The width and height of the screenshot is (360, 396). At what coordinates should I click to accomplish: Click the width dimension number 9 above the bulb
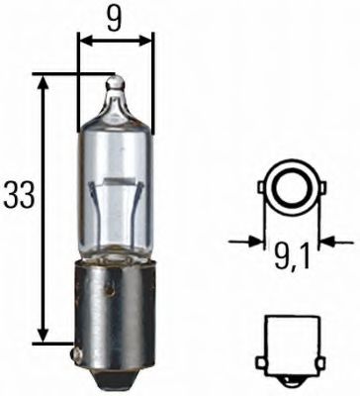(116, 19)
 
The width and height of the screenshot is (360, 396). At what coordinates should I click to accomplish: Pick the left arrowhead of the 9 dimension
(83, 41)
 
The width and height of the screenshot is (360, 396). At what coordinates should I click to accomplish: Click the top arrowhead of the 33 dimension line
(43, 81)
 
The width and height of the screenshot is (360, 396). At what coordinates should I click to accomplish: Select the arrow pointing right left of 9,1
(253, 240)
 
